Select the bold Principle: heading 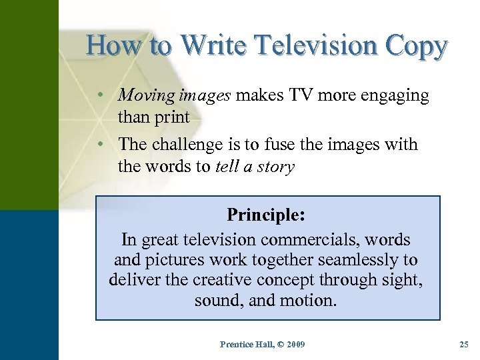click(266, 215)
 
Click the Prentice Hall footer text click(246, 344)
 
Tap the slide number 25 click(464, 344)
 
